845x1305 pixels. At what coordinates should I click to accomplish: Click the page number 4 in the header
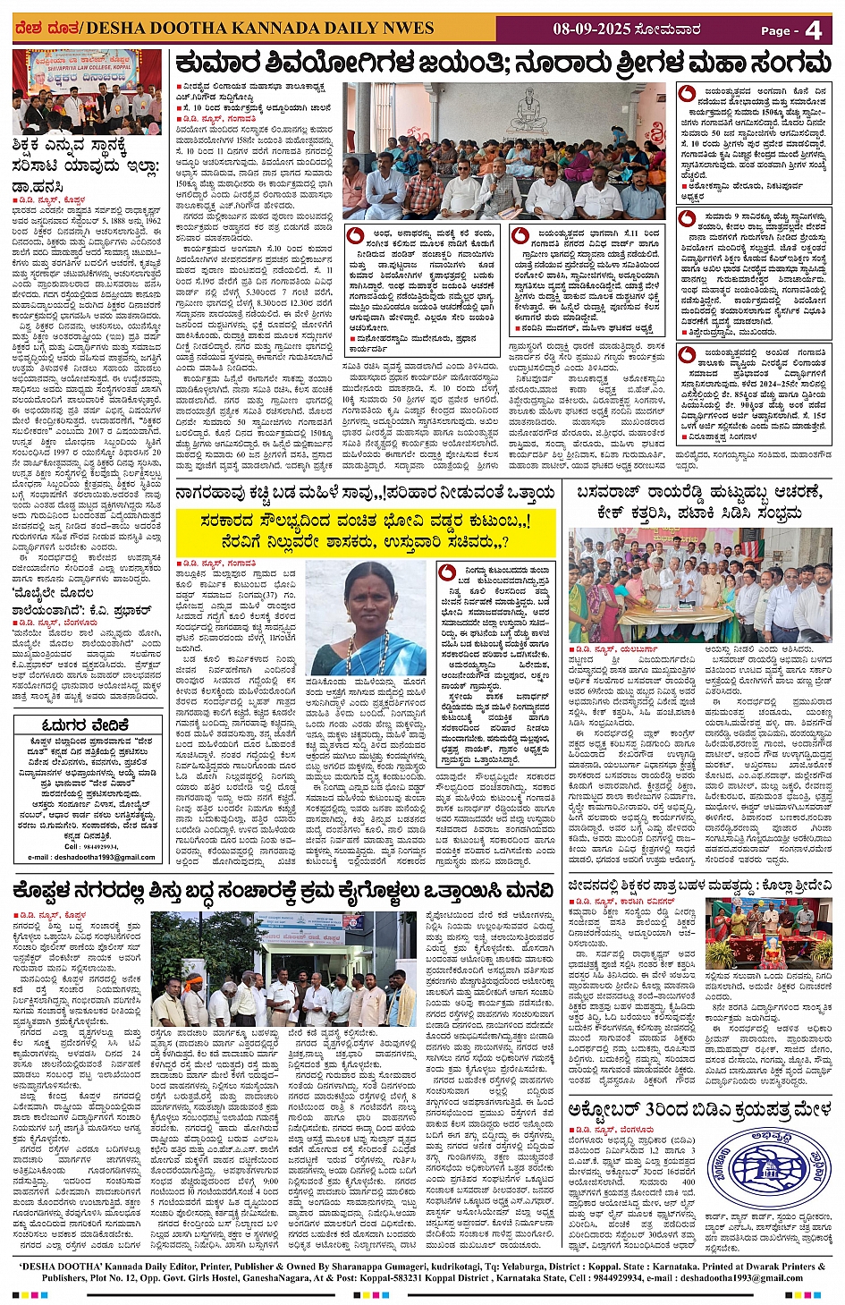coord(813,30)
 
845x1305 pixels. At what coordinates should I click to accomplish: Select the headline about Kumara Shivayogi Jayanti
coord(503,64)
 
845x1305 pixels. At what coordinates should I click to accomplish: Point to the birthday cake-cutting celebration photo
coord(699,585)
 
